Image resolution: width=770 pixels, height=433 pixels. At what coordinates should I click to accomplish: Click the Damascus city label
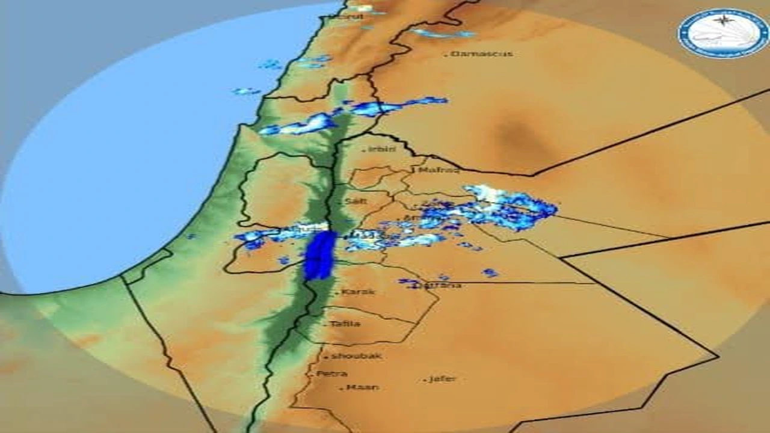(x=482, y=54)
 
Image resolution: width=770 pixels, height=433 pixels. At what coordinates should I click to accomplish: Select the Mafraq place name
(x=439, y=170)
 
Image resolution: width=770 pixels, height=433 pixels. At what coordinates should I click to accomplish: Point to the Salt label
(x=356, y=201)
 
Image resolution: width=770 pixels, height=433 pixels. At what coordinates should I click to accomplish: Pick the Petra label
(x=331, y=374)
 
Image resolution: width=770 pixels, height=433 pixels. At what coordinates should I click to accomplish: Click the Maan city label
(x=363, y=387)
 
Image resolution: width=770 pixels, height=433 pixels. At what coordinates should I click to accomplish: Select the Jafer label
(x=442, y=379)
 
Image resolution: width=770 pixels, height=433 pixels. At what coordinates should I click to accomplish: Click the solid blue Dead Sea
(x=319, y=256)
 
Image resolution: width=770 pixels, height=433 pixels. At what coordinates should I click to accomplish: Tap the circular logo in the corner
(x=722, y=32)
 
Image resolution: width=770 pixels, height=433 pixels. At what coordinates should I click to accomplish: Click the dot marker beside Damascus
(x=446, y=55)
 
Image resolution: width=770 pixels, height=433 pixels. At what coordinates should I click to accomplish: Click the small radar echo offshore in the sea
(x=247, y=91)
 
